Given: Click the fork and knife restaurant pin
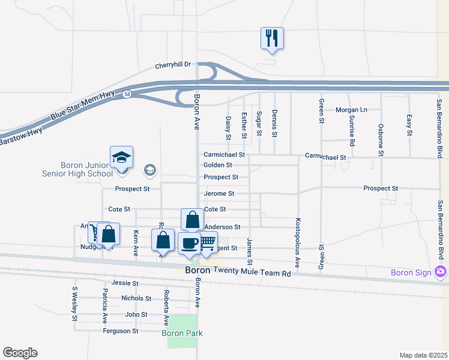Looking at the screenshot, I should click(272, 39).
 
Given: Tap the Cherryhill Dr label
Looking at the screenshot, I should click(172, 64).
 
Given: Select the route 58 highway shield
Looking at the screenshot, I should click(127, 94).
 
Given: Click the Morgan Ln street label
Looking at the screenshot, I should click(351, 110).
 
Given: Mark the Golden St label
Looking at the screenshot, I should click(218, 165).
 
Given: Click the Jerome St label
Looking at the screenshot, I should click(219, 194).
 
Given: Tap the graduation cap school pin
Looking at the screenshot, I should click(122, 159).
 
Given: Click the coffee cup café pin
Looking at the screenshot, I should click(189, 244).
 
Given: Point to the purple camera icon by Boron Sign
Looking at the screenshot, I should click(441, 272).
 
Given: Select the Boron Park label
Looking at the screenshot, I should click(182, 333).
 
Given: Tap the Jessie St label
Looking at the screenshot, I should click(125, 283).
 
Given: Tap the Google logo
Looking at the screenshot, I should click(20, 353).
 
